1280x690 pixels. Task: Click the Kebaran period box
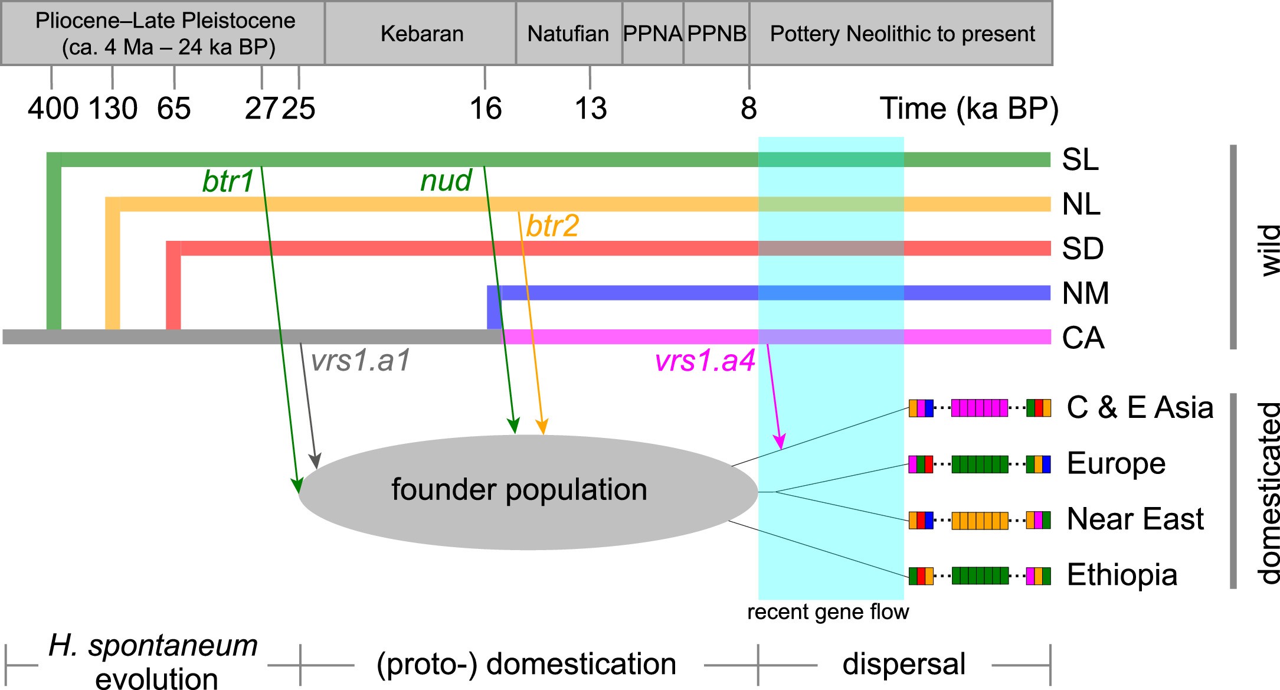point(421,34)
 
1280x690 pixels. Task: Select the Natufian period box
point(568,34)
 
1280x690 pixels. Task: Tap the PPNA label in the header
point(653,34)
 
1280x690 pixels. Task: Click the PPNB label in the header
point(716,34)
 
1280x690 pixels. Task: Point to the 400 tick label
point(53,109)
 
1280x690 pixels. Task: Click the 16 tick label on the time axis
point(485,109)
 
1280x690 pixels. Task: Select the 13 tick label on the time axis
point(590,109)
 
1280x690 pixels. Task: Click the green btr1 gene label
point(228,182)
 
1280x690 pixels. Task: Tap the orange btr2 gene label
point(552,226)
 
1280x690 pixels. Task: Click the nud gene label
point(446,181)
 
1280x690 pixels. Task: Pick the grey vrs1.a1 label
point(360,361)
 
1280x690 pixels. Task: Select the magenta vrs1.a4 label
point(705,361)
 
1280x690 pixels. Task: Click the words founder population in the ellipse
point(519,490)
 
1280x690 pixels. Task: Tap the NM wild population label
point(1085,293)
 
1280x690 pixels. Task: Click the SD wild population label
point(1082,249)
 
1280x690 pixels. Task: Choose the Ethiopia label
point(1122,575)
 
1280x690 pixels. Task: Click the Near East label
point(1135,519)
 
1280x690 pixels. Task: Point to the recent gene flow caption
point(828,612)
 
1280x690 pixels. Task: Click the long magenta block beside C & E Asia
point(980,408)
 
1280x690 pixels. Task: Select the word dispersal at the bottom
point(903,664)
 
